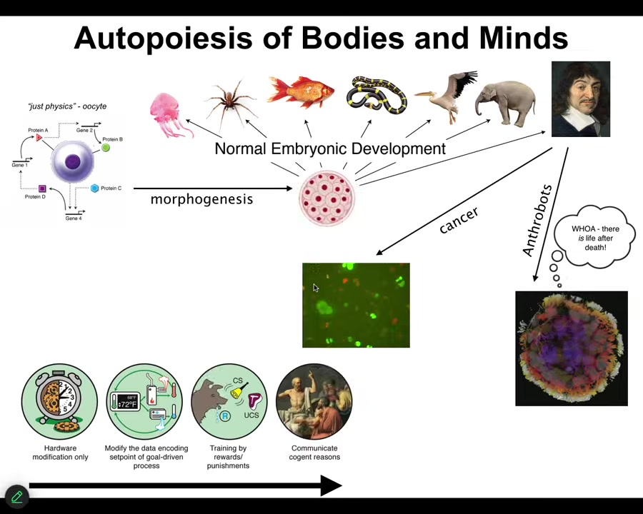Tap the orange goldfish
(x=301, y=94)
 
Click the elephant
(x=507, y=102)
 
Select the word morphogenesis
(x=201, y=199)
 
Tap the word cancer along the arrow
(x=459, y=221)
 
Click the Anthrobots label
(x=537, y=221)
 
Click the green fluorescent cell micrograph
(x=356, y=306)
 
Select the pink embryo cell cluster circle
(x=327, y=198)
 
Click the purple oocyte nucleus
(x=72, y=162)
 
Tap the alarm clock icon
(x=59, y=401)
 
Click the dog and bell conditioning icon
(x=229, y=402)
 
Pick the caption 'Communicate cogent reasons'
(x=314, y=453)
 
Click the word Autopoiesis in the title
(x=163, y=38)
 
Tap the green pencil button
(x=16, y=496)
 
